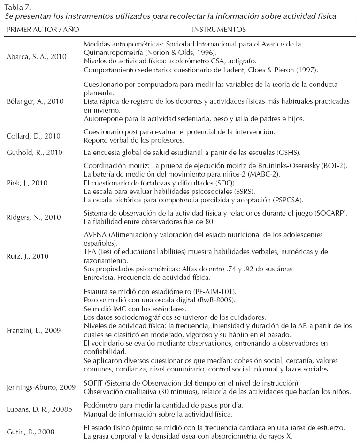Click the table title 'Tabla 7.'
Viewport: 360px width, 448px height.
point(17,7)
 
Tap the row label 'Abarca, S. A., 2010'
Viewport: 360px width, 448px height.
point(36,57)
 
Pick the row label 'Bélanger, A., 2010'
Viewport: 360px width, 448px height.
point(36,100)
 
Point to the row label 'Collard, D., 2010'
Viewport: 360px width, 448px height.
point(33,136)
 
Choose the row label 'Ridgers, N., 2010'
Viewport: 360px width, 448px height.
point(34,217)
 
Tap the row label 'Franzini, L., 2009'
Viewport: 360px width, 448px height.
point(34,330)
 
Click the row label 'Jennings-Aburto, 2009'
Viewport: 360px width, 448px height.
point(41,387)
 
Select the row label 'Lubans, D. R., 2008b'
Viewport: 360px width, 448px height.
point(39,409)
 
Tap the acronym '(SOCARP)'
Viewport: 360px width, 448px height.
point(330,213)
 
